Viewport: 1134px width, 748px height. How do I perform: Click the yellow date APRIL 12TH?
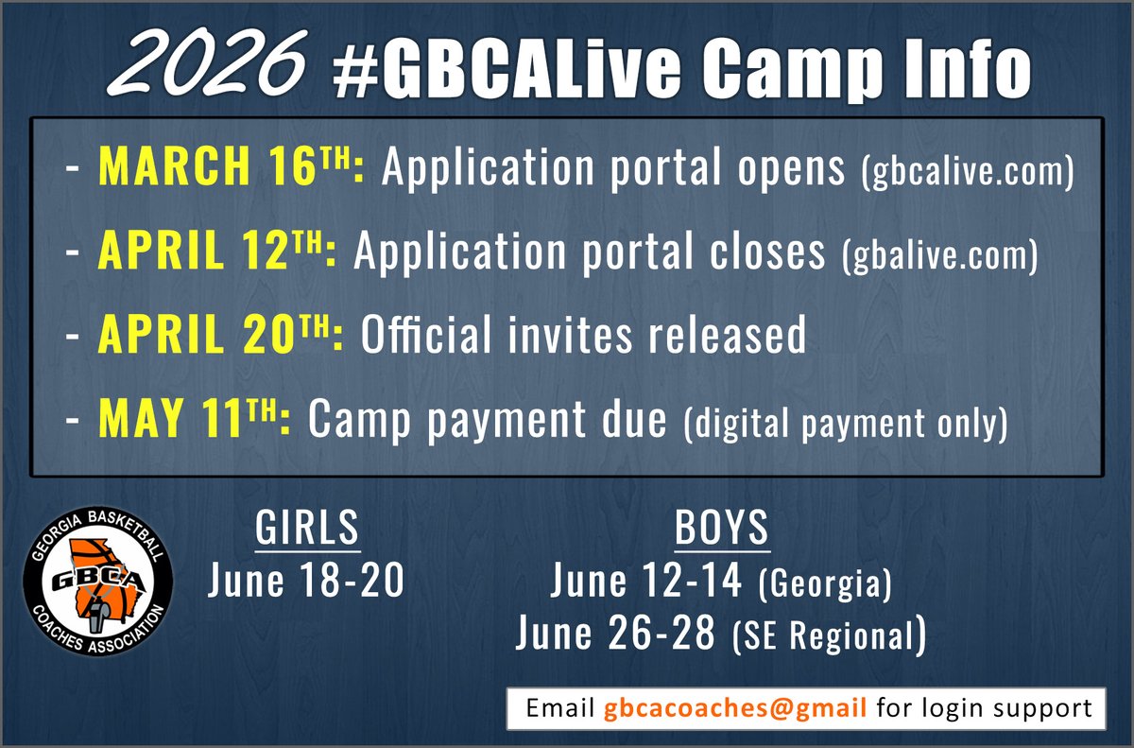pyautogui.click(x=216, y=253)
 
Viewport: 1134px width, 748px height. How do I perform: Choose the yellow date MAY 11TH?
pyautogui.click(x=193, y=422)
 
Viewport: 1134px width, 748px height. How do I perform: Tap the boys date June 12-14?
pyautogui.click(x=648, y=582)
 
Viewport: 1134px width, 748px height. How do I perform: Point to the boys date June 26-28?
pyautogui.click(x=615, y=635)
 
